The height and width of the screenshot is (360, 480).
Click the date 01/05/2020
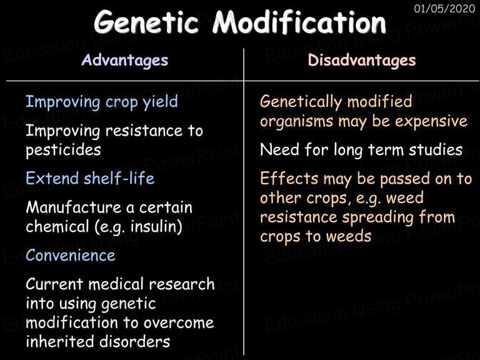444,8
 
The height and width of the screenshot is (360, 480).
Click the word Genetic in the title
146,22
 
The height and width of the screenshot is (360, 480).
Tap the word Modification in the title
299,21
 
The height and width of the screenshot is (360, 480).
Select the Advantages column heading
125,60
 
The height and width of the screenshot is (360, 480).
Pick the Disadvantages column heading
362,60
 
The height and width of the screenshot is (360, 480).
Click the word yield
161,102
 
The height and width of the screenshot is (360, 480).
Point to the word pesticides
63,150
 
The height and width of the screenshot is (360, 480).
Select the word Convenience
71,255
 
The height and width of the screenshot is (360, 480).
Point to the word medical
116,284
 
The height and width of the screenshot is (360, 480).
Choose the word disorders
132,341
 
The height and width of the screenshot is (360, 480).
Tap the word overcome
179,323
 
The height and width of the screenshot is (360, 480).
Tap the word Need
279,150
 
